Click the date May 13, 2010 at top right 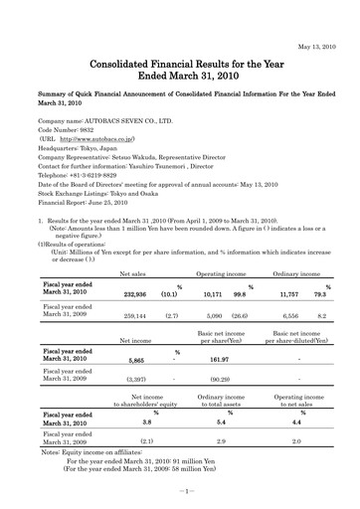click(316, 17)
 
